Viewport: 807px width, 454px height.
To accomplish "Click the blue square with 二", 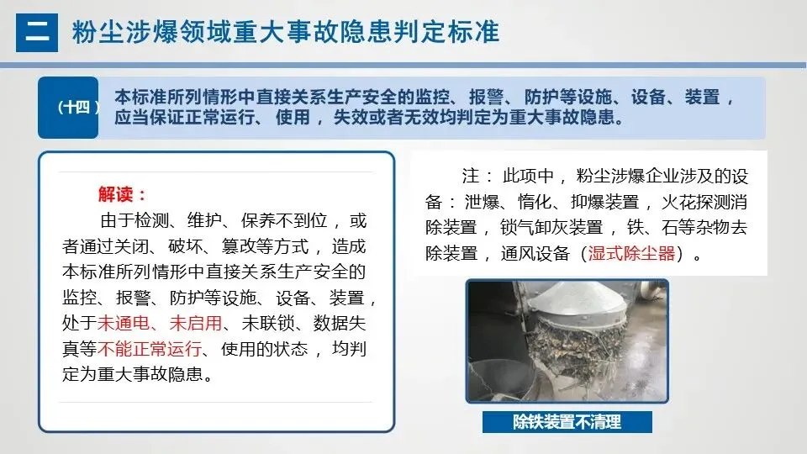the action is click(36, 33).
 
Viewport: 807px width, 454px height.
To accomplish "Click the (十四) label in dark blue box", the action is click(76, 107).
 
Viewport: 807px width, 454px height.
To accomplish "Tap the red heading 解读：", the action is click(123, 194).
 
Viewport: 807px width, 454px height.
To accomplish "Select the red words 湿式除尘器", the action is click(631, 253).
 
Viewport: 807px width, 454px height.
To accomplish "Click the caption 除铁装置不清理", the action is click(567, 422).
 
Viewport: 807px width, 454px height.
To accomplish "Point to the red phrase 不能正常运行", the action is click(150, 349).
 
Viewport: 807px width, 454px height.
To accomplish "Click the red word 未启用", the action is click(196, 323).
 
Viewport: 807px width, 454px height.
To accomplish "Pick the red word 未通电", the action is click(124, 323).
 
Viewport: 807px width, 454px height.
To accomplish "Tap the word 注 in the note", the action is click(470, 176).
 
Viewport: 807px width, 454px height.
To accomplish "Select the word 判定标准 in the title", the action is click(446, 32).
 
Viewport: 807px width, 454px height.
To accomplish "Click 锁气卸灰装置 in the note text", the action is click(551, 228).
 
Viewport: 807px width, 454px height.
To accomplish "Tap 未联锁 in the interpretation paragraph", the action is click(267, 323).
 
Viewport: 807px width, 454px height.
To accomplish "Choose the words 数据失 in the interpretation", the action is click(340, 323).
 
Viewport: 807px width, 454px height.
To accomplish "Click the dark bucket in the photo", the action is click(502, 380).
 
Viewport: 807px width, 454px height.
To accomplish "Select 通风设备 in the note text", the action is click(535, 253).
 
